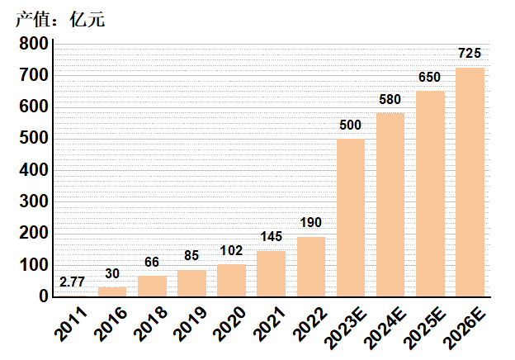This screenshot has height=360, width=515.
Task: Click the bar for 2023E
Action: [351, 217]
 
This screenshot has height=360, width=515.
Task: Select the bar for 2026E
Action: [470, 182]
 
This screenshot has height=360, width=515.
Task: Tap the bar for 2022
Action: [311, 266]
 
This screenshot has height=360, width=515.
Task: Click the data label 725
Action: [470, 54]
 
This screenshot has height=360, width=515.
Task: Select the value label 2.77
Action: [73, 282]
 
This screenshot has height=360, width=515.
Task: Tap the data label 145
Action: [271, 237]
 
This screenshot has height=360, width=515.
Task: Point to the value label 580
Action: [390, 100]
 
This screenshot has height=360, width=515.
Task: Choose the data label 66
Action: [152, 262]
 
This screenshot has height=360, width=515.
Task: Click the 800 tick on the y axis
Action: [33, 44]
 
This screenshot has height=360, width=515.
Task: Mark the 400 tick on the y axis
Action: [33, 170]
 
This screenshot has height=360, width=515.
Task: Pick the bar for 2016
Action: [112, 291]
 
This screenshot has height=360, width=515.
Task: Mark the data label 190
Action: [311, 223]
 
